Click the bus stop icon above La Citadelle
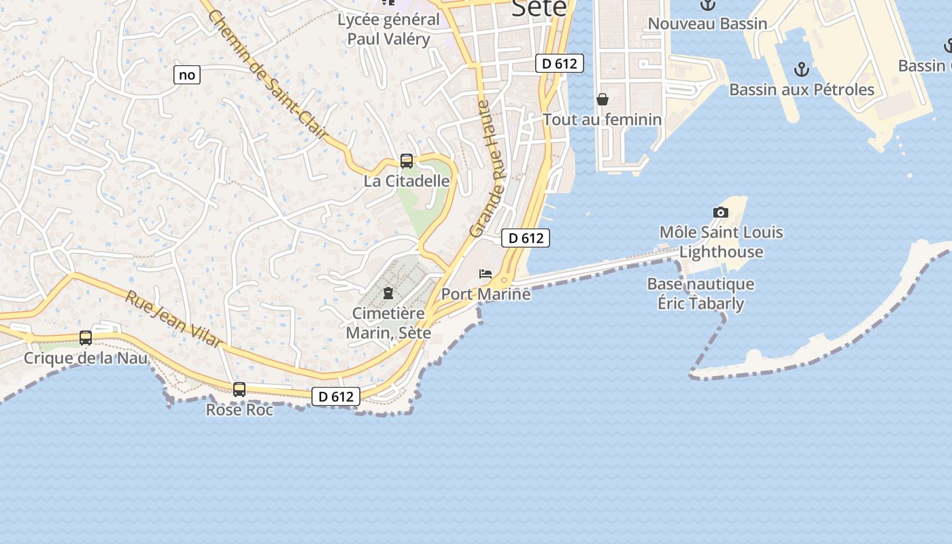pyautogui.click(x=407, y=161)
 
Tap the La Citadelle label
pyautogui.click(x=407, y=181)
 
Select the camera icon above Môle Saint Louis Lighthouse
pyautogui.click(x=721, y=212)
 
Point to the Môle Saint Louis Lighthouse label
pyautogui.click(x=721, y=242)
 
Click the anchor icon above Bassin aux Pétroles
pyautogui.click(x=802, y=69)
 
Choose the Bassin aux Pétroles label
pyautogui.click(x=802, y=89)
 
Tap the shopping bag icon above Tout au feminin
pyautogui.click(x=602, y=100)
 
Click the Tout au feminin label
pyautogui.click(x=602, y=120)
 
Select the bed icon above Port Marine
pyautogui.click(x=486, y=274)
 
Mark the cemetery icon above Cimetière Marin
pyautogui.click(x=388, y=293)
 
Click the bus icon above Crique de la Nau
pyautogui.click(x=86, y=338)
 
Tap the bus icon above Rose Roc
pyautogui.click(x=239, y=390)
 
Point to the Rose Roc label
pyautogui.click(x=239, y=410)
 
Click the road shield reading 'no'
pyautogui.click(x=187, y=75)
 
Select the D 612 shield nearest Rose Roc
pyautogui.click(x=336, y=396)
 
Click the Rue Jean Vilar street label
pyautogui.click(x=174, y=318)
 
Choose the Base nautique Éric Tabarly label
pyautogui.click(x=700, y=294)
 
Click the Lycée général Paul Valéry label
pyautogui.click(x=389, y=29)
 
